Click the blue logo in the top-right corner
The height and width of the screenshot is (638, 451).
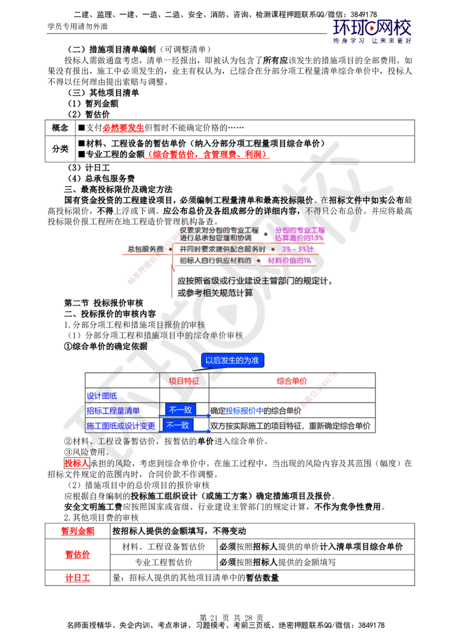tap(373, 31)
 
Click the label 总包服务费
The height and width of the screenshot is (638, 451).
tap(145, 249)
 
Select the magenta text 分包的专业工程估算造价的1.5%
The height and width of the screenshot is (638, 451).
tap(299, 234)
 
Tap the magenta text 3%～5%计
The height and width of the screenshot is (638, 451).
tap(298, 249)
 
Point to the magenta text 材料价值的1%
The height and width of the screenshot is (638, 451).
tap(289, 260)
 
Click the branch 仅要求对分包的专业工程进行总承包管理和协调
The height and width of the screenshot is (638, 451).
tap(219, 234)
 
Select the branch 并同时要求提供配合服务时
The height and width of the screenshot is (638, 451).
tap(223, 249)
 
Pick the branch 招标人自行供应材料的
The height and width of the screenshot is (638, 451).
tap(216, 260)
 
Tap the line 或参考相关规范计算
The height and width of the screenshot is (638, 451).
tap(215, 293)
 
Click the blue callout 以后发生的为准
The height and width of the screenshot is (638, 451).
tap(232, 360)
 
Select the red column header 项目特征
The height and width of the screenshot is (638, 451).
tap(184, 382)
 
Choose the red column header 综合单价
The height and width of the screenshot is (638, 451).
tap(291, 382)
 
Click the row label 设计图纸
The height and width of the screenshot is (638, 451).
tap(103, 396)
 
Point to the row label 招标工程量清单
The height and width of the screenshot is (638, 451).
tap(113, 410)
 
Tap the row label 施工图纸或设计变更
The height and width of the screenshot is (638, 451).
tap(121, 426)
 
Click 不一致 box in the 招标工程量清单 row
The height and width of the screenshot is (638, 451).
tap(180, 410)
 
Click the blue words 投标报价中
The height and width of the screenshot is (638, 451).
tap(245, 410)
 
